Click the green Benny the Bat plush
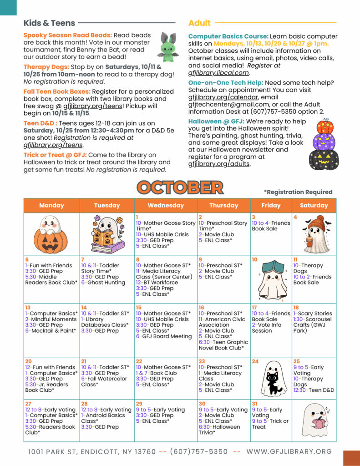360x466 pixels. tap(167, 47)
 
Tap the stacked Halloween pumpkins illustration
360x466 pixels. tap(324, 145)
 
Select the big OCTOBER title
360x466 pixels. tap(180, 187)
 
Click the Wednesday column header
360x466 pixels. tap(166, 205)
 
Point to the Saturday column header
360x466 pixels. tap(314, 205)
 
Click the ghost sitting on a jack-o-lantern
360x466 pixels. tap(51, 234)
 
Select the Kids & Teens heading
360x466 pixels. tap(50, 23)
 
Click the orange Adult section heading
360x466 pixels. tap(199, 23)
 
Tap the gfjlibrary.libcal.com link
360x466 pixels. tap(218, 72)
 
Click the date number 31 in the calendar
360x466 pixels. tap(254, 404)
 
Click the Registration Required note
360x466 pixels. tap(298, 192)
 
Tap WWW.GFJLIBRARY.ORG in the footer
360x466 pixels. tap(289, 451)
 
